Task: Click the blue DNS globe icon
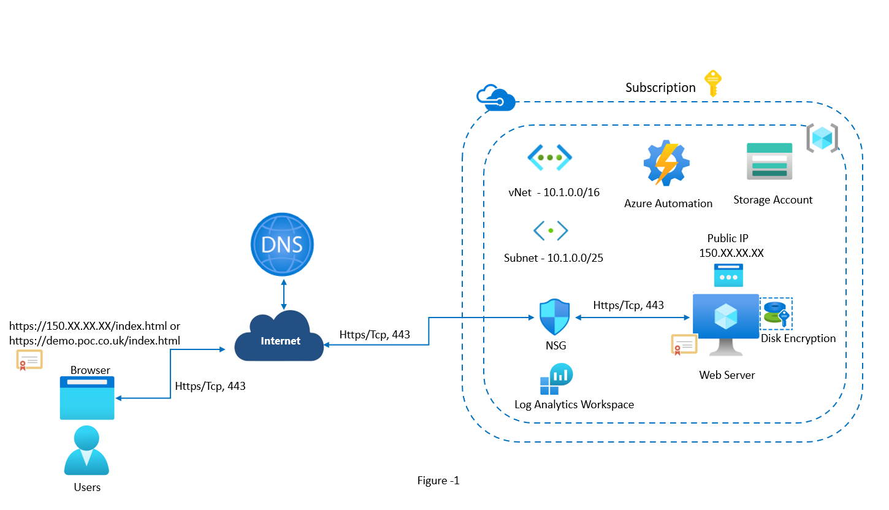tap(283, 245)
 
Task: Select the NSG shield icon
tap(554, 317)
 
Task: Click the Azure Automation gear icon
tap(666, 163)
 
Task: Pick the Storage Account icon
tap(769, 161)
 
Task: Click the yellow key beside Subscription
tap(711, 83)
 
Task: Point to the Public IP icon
tap(728, 276)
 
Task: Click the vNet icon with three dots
tap(550, 158)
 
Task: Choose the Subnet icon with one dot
tap(551, 230)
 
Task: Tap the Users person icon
tap(86, 451)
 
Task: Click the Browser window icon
tap(87, 398)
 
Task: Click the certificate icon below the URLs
tap(29, 360)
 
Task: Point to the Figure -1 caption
tap(438, 481)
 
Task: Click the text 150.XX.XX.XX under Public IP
tap(731, 253)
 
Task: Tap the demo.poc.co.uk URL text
tap(94, 340)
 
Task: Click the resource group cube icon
tap(822, 138)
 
